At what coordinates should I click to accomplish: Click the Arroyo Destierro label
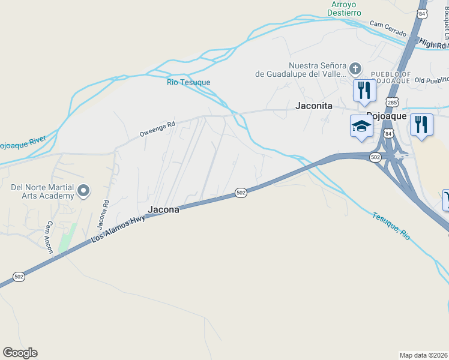click(345, 8)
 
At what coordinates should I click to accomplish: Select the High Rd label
click(433, 44)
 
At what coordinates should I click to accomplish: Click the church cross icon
click(355, 68)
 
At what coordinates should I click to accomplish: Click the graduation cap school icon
click(361, 126)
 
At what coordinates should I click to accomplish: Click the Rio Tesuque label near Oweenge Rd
click(188, 82)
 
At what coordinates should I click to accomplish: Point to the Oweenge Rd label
click(157, 128)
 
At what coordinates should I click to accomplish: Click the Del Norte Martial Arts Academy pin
click(84, 191)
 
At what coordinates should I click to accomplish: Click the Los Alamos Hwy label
click(119, 227)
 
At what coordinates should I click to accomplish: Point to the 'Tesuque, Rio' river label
click(390, 226)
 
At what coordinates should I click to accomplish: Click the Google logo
click(20, 353)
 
